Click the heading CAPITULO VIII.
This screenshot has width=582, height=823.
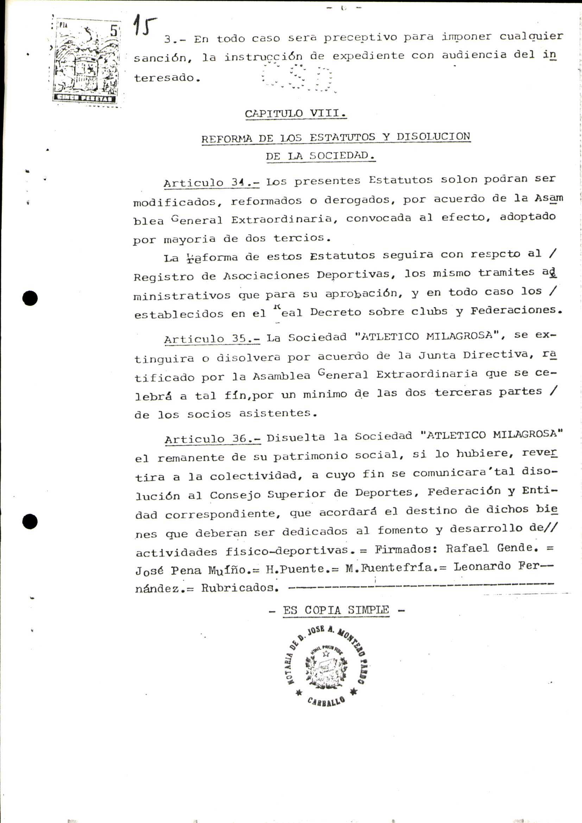coord(295,113)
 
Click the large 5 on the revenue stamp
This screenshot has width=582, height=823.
coord(114,31)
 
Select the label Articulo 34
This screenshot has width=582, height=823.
coord(211,183)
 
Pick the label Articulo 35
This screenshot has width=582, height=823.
coord(212,339)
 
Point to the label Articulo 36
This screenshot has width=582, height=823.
coord(213,439)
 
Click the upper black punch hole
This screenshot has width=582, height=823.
coord(30,298)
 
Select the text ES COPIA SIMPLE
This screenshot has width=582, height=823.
coord(336,610)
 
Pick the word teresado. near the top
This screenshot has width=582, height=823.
coord(167,78)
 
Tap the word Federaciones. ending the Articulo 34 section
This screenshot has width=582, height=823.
coord(515,310)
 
